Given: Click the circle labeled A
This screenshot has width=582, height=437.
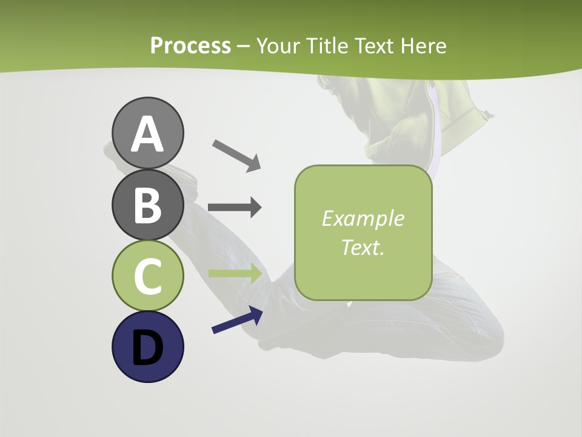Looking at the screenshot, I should click(147, 133).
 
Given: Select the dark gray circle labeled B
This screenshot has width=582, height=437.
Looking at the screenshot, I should click(147, 205).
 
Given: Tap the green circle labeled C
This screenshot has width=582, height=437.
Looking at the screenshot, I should click(147, 276).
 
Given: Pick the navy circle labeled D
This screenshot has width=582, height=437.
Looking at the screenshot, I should click(147, 347).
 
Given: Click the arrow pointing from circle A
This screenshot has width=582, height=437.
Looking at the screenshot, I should click(236, 155).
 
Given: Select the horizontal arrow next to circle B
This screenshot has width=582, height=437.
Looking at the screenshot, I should click(235, 208).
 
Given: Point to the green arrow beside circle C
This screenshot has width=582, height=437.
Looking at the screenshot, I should click(235, 273).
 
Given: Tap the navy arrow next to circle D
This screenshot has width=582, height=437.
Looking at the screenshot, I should click(237, 320).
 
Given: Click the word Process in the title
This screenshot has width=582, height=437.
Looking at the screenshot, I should click(190, 46).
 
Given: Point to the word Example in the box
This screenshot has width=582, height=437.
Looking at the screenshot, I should click(363, 218).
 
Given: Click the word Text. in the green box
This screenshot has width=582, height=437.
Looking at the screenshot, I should click(363, 247).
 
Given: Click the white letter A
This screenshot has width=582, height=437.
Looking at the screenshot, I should click(147, 134).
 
